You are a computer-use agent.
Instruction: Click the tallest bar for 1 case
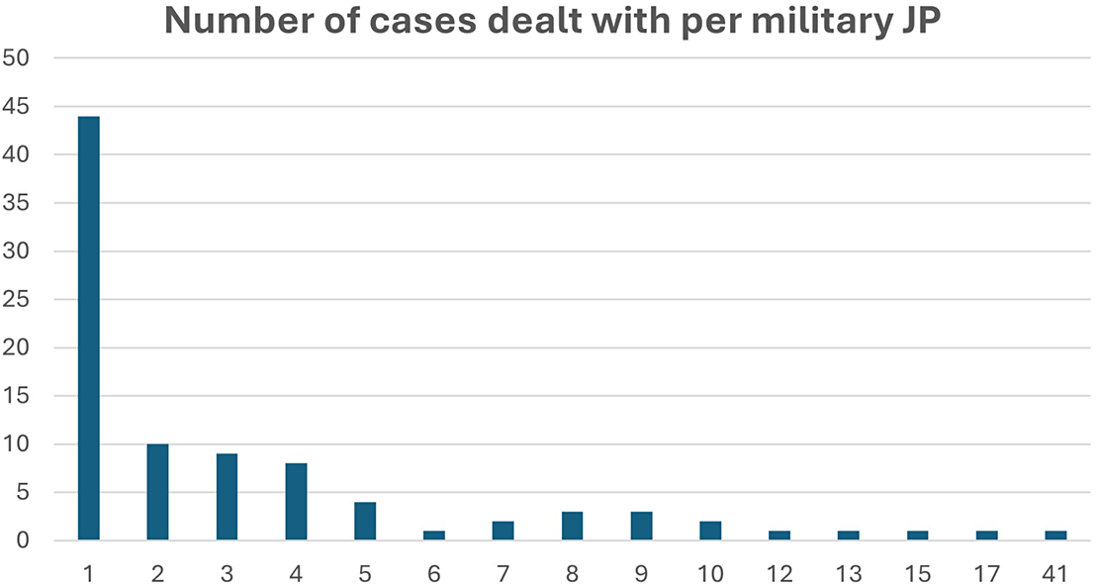click(x=89, y=328)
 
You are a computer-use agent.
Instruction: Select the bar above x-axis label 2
click(x=157, y=492)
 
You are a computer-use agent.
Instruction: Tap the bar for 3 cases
click(x=227, y=497)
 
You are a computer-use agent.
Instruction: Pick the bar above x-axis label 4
click(x=296, y=502)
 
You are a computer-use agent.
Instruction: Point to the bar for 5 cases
click(x=365, y=521)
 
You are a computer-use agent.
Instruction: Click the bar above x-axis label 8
click(x=572, y=526)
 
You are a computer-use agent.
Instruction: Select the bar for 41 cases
click(x=1056, y=536)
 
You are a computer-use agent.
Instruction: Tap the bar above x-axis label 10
click(x=710, y=531)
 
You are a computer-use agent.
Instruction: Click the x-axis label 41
click(x=1055, y=574)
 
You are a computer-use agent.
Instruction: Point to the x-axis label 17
click(x=986, y=574)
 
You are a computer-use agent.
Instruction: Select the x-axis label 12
click(x=779, y=574)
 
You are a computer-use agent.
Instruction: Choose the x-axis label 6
click(x=434, y=574)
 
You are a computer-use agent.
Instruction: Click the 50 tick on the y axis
click(x=16, y=58)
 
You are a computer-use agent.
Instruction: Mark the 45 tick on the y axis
click(x=16, y=107)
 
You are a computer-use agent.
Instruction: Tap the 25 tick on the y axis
click(x=16, y=299)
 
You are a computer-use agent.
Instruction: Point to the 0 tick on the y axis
click(x=23, y=540)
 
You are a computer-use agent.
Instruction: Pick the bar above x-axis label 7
click(x=503, y=531)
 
